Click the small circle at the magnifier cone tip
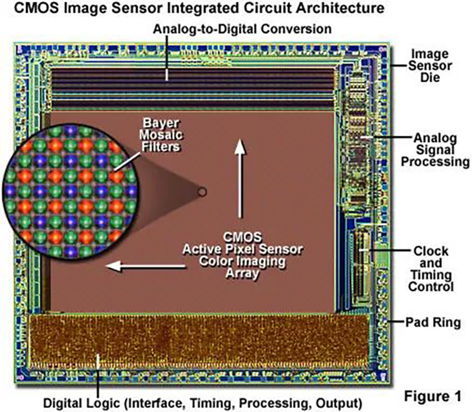[x=202, y=191]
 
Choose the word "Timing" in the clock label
[x=432, y=275]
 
